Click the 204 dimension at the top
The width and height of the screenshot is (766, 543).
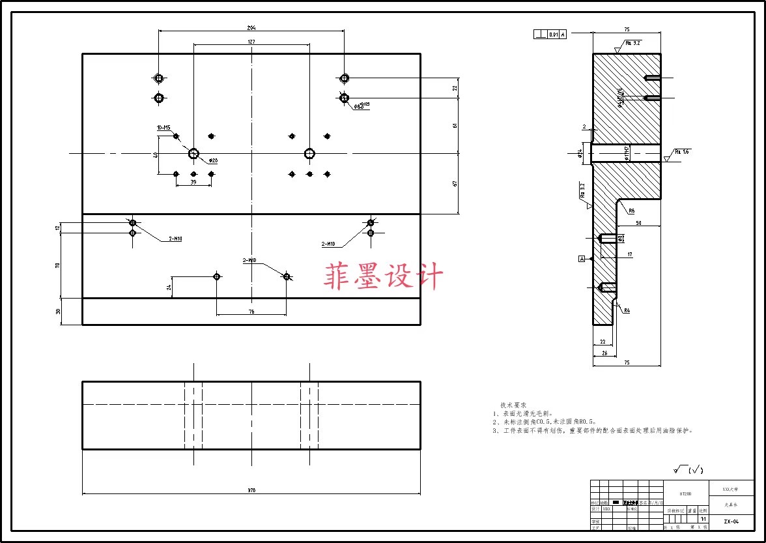coord(251,27)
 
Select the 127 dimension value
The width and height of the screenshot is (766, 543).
coord(251,42)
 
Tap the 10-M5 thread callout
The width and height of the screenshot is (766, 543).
coord(163,128)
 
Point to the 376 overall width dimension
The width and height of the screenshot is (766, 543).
coord(251,490)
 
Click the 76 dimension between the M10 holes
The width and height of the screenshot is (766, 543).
coord(251,312)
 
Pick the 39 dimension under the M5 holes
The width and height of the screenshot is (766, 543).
coord(193,183)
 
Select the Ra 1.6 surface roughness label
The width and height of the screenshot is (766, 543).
coord(682,151)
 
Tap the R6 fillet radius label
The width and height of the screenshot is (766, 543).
coord(632,211)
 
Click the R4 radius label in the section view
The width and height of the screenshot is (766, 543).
coord(627,311)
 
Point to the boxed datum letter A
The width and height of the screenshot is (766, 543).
coord(582,259)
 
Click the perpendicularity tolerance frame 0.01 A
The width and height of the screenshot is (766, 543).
coord(550,35)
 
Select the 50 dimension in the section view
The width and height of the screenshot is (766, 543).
coord(638,224)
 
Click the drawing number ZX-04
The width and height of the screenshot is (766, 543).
coord(731,521)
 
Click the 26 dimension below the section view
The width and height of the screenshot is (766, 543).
coord(604,353)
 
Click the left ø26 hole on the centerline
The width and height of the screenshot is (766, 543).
coord(193,153)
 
